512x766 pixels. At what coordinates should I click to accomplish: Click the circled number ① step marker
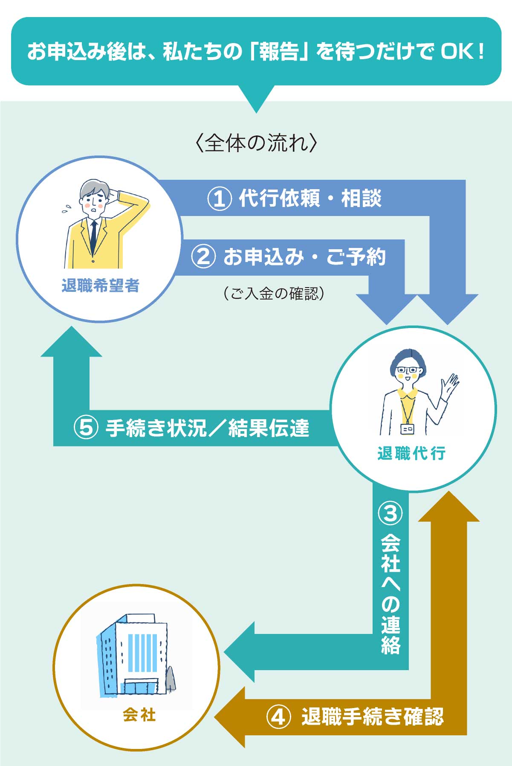click(x=219, y=199)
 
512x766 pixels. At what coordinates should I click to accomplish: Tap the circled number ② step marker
click(x=203, y=257)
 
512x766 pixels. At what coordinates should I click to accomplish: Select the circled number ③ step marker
click(x=390, y=513)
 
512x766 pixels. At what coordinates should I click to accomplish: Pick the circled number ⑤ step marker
click(x=86, y=428)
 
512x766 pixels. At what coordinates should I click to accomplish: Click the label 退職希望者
click(x=101, y=286)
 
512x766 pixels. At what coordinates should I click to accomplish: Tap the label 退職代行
click(x=411, y=453)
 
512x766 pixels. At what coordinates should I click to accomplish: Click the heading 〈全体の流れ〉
click(x=256, y=143)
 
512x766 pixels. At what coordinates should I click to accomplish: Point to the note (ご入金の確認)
click(x=274, y=293)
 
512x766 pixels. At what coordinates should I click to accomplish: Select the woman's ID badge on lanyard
click(x=407, y=429)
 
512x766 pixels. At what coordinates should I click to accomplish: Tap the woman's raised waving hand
click(x=449, y=386)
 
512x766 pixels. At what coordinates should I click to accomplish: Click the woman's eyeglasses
click(x=408, y=370)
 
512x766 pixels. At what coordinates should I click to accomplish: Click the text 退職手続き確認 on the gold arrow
click(x=373, y=716)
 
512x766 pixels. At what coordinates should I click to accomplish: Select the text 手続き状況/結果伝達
click(x=207, y=428)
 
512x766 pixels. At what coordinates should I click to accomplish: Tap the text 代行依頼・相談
click(x=310, y=199)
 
